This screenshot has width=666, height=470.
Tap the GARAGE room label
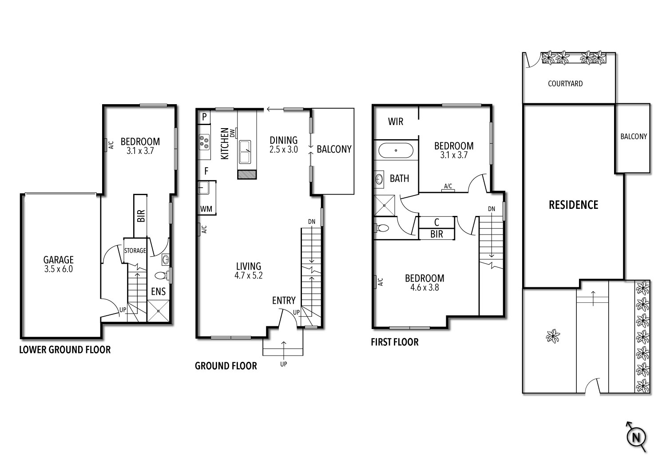[x=58, y=260]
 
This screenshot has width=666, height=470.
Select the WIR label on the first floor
[x=396, y=121]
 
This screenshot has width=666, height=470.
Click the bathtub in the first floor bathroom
[x=396, y=151]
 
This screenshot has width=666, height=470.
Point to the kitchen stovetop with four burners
[x=204, y=141]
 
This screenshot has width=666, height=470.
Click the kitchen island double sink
[x=245, y=152]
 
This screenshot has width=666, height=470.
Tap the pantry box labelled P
[x=204, y=117]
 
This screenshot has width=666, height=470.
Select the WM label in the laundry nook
[x=206, y=209]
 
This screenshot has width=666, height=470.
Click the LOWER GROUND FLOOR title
[x=65, y=350]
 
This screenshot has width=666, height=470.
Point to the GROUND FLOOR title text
[x=226, y=366]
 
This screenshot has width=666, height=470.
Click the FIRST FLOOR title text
[x=395, y=342]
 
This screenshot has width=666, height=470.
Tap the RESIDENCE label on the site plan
[x=573, y=205]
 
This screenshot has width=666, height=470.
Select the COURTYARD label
[x=565, y=83]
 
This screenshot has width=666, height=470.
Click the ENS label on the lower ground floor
[x=159, y=291]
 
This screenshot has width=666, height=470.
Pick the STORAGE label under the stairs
[x=135, y=251]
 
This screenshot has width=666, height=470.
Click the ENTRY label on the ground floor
[x=284, y=301]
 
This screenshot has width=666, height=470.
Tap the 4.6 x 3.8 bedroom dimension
[x=424, y=287]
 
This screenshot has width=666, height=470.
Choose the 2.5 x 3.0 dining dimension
[x=283, y=150]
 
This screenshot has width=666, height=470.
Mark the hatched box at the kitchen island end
[x=247, y=174]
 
